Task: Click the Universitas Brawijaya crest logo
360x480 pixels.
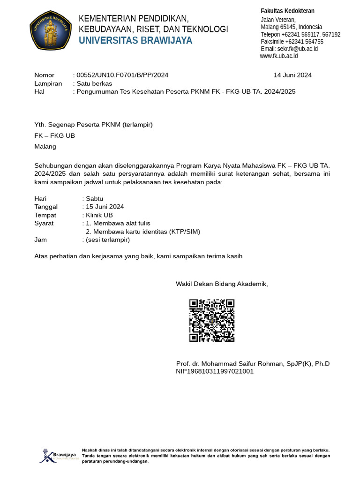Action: click(x=51, y=30)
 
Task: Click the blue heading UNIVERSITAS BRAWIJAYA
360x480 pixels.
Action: click(x=135, y=41)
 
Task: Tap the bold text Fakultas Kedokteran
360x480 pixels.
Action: click(x=287, y=11)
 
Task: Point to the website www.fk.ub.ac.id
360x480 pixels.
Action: click(x=279, y=56)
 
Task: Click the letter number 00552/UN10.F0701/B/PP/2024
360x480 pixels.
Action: click(x=122, y=75)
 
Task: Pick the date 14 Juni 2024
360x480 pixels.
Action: click(x=292, y=75)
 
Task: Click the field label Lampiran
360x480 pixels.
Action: click(x=48, y=83)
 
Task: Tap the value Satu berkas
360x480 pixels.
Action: click(x=94, y=83)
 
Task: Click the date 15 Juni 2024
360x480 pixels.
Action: click(x=105, y=207)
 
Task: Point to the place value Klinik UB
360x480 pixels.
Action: click(x=99, y=215)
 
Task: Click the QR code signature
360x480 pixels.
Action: click(x=212, y=321)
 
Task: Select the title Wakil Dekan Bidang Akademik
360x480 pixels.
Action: click(x=222, y=284)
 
